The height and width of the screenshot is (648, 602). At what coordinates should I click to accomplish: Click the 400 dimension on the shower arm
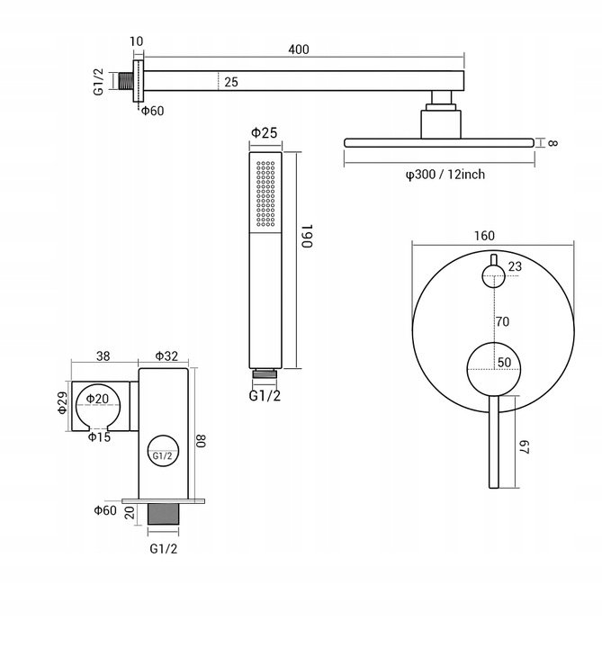299,49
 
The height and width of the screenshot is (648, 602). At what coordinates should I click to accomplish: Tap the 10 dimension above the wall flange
137,41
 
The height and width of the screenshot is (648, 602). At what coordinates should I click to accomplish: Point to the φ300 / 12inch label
445,175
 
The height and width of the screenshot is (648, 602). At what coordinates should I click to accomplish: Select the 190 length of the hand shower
307,236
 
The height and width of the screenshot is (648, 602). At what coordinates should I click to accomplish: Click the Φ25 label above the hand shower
264,132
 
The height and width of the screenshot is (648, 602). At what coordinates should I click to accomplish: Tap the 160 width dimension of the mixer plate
484,236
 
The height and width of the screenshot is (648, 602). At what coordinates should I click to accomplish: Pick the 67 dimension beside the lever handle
524,446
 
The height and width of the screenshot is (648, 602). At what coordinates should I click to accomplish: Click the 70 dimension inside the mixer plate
502,321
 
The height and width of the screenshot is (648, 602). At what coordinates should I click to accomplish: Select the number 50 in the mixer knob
504,363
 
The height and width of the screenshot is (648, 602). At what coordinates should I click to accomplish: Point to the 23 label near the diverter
515,266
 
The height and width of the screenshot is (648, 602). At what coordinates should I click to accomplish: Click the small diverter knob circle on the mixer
493,275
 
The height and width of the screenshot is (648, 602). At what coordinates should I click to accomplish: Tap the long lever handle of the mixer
494,442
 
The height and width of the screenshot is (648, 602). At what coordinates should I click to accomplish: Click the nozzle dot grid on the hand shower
265,193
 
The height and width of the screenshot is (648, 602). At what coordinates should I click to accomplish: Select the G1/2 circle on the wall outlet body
163,451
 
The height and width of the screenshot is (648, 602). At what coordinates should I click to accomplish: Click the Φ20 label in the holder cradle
97,399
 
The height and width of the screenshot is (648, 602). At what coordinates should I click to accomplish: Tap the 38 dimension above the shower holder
103,355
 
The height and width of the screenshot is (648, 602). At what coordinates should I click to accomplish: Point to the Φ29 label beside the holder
62,402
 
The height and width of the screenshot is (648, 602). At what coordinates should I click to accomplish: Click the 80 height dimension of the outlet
201,440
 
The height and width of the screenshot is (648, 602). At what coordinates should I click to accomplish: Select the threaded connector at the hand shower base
265,374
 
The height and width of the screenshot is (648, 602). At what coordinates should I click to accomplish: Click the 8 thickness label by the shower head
553,143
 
